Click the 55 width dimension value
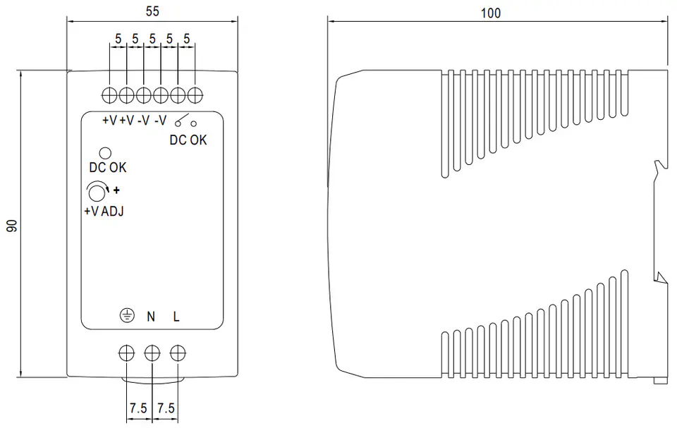point(152,11)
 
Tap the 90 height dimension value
point(12,226)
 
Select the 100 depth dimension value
point(491,13)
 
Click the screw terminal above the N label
point(152,353)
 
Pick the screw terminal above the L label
point(178,353)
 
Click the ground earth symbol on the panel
point(127,316)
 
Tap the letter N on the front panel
point(151,317)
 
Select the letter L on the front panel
point(176,317)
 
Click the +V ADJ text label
point(104,212)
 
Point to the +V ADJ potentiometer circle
point(97,193)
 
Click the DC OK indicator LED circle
point(105,153)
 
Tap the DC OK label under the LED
point(107,168)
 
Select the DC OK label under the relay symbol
point(188,140)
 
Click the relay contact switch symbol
point(185,121)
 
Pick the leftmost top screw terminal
point(110,95)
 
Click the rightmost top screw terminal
point(195,95)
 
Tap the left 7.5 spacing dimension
point(139,408)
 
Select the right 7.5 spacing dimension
point(166,408)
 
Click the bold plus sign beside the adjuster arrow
point(116,190)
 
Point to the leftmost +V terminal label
point(110,121)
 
